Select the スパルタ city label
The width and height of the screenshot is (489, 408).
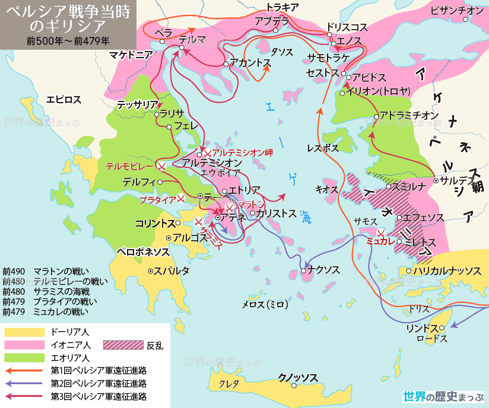(172, 271)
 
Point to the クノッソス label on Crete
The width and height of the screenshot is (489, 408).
(298, 378)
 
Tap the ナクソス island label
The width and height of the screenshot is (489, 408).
(323, 270)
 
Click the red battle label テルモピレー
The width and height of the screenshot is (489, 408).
(131, 166)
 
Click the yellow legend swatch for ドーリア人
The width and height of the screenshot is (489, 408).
(24, 332)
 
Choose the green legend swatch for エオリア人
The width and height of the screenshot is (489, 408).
(24, 358)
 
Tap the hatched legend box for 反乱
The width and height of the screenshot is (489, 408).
(123, 345)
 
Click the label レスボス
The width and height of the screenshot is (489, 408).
(323, 148)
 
